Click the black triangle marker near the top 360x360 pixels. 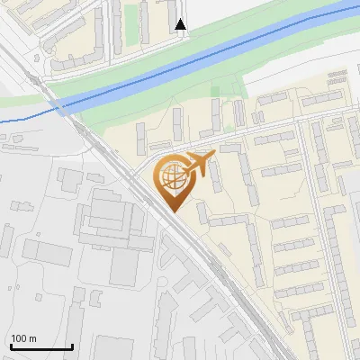181,24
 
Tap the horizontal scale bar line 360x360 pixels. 41,346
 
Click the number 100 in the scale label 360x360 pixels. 19,338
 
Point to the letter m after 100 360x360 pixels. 32,338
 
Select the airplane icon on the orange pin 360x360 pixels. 197,165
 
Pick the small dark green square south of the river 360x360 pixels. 215,91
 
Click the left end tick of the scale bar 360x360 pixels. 11,345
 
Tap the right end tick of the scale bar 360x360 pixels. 72,345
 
